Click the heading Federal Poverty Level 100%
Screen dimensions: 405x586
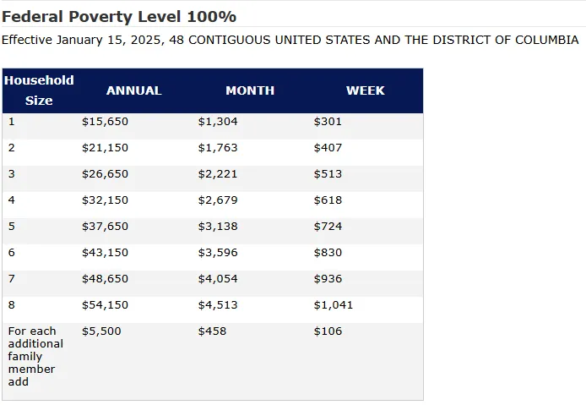pyautogui.click(x=119, y=17)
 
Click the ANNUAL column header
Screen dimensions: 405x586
pyautogui.click(x=133, y=90)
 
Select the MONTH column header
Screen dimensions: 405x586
pyautogui.click(x=250, y=90)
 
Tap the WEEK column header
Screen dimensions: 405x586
pyautogui.click(x=365, y=90)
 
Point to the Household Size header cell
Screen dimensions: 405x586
pyautogui.click(x=39, y=90)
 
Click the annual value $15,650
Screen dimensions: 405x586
pyautogui.click(x=105, y=122)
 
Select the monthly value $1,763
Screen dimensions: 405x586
pyautogui.click(x=218, y=148)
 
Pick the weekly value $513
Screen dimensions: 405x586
pyautogui.click(x=328, y=174)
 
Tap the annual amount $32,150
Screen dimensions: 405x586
pyautogui.click(x=105, y=200)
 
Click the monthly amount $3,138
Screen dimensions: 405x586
pyautogui.click(x=218, y=227)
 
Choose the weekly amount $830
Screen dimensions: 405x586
pyautogui.click(x=328, y=253)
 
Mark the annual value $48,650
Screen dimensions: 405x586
pyautogui.click(x=105, y=279)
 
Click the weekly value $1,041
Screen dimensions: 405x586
pyautogui.click(x=334, y=305)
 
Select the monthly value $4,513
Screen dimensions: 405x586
pyautogui.click(x=218, y=305)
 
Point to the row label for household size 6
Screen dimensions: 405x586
pyautogui.click(x=12, y=253)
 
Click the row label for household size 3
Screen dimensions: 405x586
pyautogui.click(x=12, y=174)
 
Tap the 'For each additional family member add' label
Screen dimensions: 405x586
pyautogui.click(x=35, y=356)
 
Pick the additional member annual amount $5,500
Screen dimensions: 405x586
pyautogui.click(x=101, y=331)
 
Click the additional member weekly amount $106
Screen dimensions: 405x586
pyautogui.click(x=328, y=331)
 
